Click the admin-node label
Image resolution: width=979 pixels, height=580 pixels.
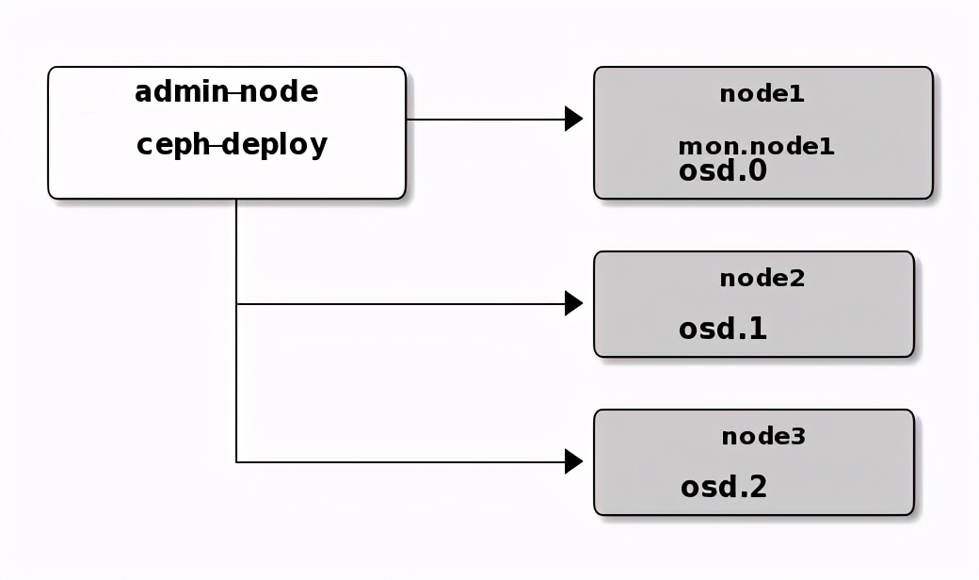[226, 92]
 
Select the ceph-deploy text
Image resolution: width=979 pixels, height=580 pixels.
[232, 145]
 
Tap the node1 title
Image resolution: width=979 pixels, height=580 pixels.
[762, 94]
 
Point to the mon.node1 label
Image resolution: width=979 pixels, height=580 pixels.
[756, 147]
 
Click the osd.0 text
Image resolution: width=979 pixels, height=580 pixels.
[722, 170]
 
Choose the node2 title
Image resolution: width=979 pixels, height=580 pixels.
[762, 279]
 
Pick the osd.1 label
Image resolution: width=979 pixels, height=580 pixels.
[722, 329]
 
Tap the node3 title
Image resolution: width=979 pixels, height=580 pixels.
[763, 437]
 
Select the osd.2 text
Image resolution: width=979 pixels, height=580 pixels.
[723, 487]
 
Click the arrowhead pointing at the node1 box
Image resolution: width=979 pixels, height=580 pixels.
[572, 119]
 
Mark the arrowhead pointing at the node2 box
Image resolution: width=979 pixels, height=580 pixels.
[572, 303]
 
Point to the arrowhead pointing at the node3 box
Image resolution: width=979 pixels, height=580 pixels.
[572, 461]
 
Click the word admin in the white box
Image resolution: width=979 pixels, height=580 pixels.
[182, 92]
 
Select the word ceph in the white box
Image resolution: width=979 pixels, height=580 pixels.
[173, 146]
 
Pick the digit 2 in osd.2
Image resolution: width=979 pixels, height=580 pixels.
[756, 487]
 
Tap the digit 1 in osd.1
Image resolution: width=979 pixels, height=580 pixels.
[756, 329]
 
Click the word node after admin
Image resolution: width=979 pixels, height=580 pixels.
[279, 92]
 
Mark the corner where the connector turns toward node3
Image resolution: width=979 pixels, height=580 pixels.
[236, 461]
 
